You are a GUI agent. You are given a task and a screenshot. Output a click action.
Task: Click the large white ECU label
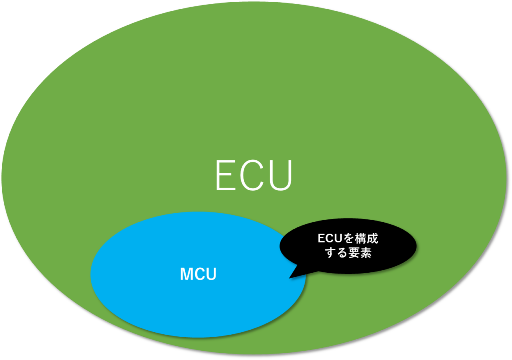254,176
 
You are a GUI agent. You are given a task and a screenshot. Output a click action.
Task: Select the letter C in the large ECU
252,176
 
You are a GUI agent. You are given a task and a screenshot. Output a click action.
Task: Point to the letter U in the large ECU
280,176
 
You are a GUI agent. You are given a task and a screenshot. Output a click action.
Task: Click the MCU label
198,274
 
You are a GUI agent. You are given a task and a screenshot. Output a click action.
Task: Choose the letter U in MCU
212,274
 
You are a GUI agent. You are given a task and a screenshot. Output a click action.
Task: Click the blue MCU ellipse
198,274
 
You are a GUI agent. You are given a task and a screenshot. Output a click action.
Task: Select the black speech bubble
348,246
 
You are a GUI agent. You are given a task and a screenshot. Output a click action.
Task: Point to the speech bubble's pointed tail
289,278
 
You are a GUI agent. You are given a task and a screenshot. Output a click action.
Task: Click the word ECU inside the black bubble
330,239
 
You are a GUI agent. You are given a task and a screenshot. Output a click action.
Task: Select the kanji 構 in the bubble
361,239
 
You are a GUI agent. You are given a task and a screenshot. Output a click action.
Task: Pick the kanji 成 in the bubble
372,239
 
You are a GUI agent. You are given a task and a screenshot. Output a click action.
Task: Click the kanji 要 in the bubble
354,253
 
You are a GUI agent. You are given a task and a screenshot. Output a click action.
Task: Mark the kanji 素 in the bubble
366,253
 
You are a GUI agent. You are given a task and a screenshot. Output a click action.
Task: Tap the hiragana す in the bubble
331,253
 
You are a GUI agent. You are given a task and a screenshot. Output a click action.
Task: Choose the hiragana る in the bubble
342,253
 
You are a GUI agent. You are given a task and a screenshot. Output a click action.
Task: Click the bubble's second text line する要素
348,253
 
